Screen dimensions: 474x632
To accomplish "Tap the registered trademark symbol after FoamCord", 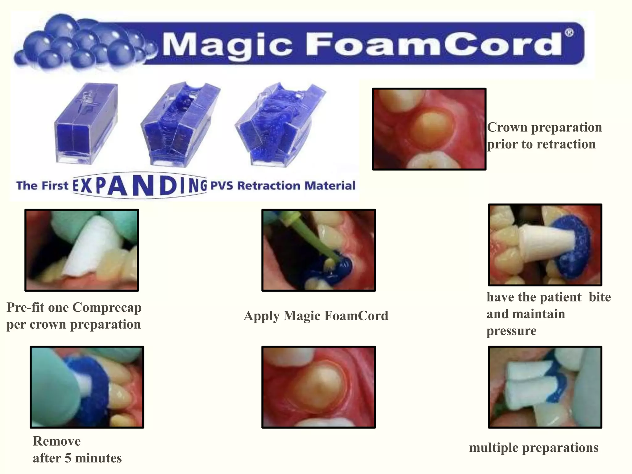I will [569, 33].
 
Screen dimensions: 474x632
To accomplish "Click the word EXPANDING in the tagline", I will [140, 185].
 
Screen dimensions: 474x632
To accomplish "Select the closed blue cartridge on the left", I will [86, 123].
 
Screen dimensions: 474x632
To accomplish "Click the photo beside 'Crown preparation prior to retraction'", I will [429, 129].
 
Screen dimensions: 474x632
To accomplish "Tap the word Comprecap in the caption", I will [107, 308].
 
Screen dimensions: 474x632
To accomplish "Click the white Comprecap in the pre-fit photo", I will [93, 244].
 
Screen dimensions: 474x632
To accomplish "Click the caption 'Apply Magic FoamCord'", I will [316, 316].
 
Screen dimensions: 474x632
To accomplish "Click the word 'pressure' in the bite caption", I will [511, 331].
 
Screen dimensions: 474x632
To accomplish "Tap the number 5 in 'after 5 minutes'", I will [68, 458].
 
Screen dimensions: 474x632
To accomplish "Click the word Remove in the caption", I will [57, 441].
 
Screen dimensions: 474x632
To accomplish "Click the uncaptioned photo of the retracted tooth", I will [318, 387].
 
